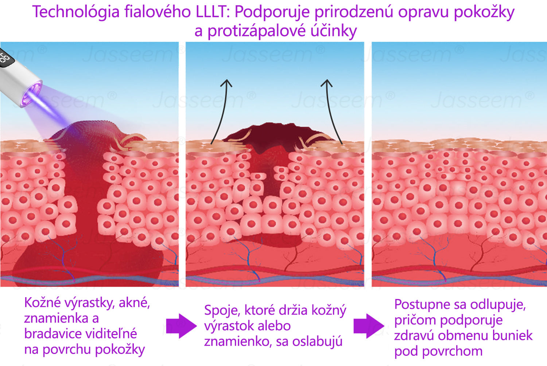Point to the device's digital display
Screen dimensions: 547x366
point(5,58)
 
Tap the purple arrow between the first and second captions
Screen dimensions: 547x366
point(181,326)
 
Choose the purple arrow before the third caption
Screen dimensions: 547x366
point(369,326)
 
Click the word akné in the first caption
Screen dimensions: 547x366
point(134,303)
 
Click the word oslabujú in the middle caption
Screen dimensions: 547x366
point(317,341)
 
